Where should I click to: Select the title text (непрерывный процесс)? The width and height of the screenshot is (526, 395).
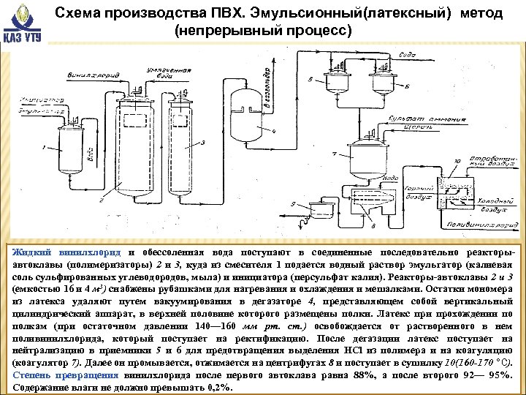point(263,31)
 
